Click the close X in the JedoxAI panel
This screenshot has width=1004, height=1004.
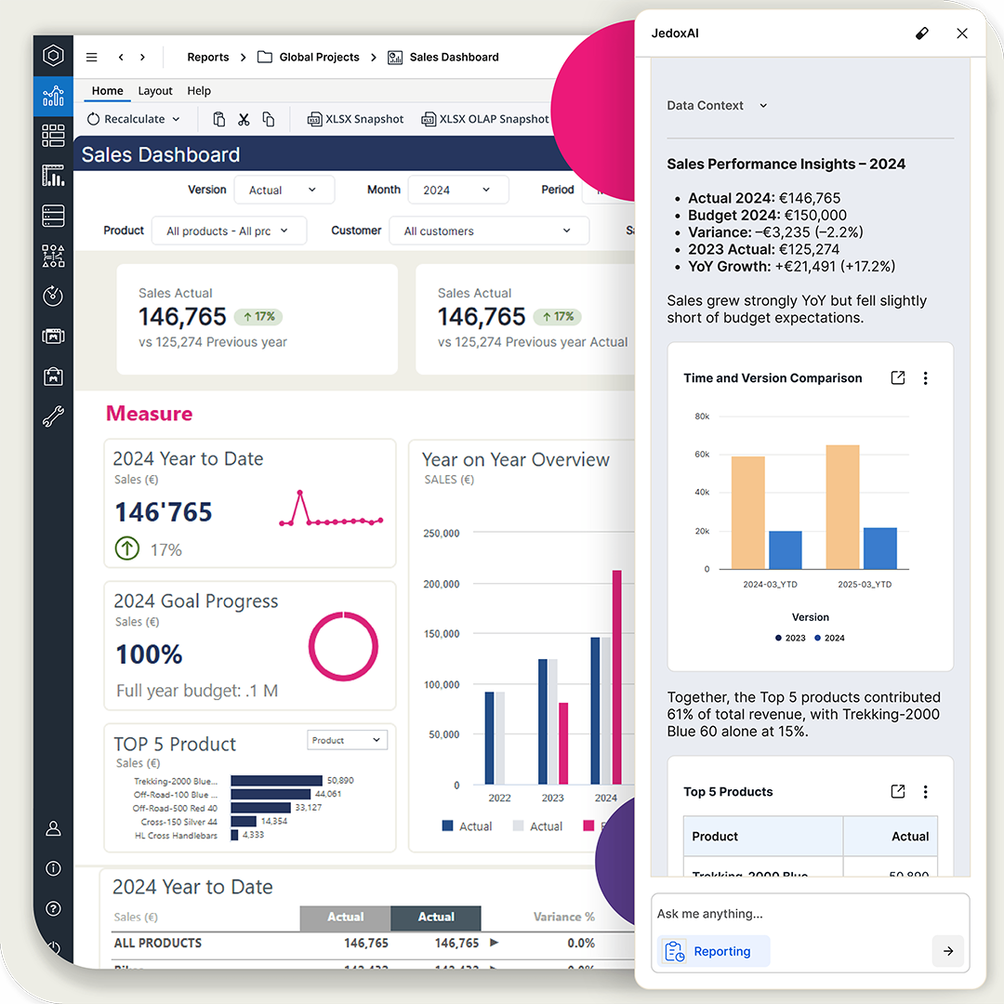tap(962, 33)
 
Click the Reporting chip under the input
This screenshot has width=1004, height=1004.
tap(713, 951)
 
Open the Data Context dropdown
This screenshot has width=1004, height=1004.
tap(717, 106)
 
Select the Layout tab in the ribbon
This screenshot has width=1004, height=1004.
tap(155, 91)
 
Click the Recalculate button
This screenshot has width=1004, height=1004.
tap(133, 119)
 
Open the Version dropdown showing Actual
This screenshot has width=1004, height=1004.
tap(282, 190)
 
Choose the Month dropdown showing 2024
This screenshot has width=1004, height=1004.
tap(457, 190)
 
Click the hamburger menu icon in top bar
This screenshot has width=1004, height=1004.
tap(91, 58)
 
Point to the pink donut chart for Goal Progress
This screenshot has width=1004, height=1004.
tap(343, 646)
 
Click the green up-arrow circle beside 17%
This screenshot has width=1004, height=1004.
tap(127, 549)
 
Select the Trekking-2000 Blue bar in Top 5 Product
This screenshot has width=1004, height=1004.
tap(276, 781)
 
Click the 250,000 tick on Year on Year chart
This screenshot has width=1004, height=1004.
tap(442, 534)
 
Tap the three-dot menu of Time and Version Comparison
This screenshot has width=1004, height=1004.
tap(925, 378)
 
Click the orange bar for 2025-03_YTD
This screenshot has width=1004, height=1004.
tap(842, 507)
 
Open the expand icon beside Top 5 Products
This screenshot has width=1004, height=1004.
tap(897, 792)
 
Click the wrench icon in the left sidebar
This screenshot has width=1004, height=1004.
tap(53, 416)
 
